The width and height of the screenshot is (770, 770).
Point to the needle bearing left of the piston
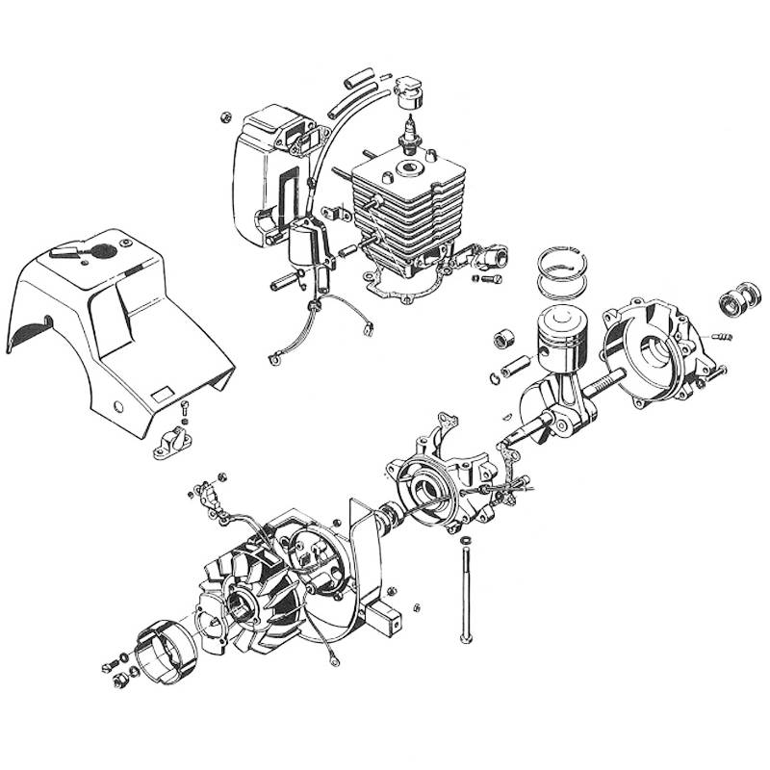pyautogui.click(x=504, y=339)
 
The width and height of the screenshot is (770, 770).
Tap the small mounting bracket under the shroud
pyautogui.click(x=174, y=439)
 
